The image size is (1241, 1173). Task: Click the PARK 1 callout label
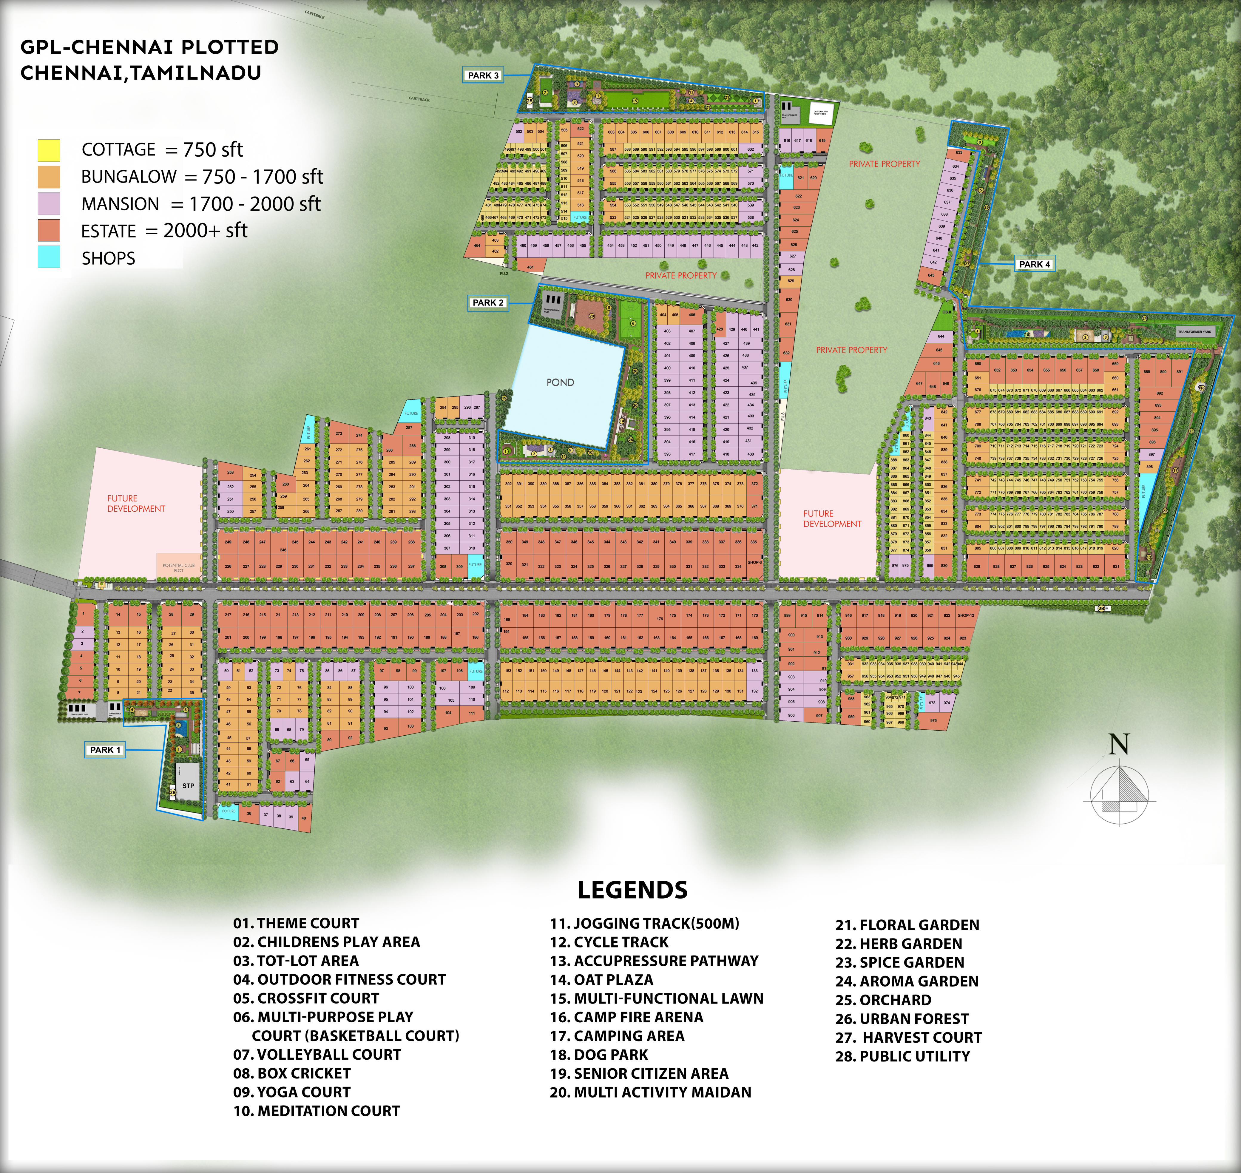click(x=105, y=750)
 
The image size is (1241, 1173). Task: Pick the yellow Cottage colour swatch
click(x=49, y=150)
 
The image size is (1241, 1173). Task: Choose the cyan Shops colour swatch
click(x=49, y=258)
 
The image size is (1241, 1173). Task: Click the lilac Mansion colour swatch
click(x=49, y=204)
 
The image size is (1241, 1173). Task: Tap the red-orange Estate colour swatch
click(x=49, y=231)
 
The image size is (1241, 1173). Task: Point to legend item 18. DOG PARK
click(x=599, y=1055)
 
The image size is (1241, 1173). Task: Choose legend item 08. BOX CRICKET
click(x=292, y=1074)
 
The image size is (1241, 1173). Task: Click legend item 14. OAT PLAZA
click(x=601, y=980)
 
